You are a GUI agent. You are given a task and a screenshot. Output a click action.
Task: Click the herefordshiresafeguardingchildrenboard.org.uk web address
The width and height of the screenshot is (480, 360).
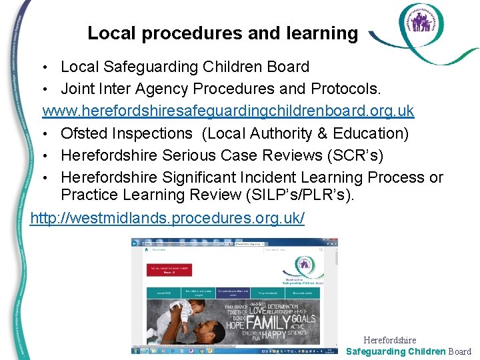click(229, 111)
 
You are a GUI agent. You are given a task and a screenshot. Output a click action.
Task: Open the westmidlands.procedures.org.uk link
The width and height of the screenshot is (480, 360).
click(167, 218)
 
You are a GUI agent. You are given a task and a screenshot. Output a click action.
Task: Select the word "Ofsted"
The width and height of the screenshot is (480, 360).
click(85, 133)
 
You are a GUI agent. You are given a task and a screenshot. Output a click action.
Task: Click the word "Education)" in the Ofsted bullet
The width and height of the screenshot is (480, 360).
click(368, 133)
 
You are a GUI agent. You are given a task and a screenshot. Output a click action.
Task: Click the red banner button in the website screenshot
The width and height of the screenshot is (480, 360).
click(169, 269)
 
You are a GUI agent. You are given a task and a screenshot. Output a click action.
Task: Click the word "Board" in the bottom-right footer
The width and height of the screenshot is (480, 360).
click(460, 351)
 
